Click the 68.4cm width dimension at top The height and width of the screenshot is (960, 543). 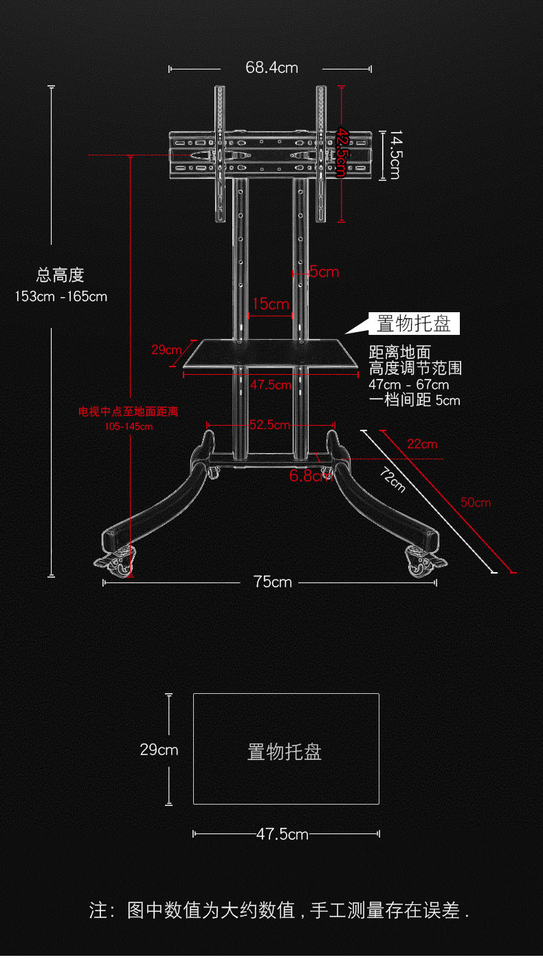pos(271,68)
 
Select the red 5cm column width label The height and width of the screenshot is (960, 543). pos(324,272)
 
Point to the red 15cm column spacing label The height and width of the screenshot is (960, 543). pos(270,304)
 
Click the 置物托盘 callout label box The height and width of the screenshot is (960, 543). pos(414,323)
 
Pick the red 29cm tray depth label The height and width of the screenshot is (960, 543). pos(166,350)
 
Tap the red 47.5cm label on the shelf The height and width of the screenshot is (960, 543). pos(271,384)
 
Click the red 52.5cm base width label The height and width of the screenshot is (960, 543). pos(269,425)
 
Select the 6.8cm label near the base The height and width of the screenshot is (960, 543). pos(311,475)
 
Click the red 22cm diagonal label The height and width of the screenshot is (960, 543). pos(421,444)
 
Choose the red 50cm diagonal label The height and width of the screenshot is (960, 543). pos(476,503)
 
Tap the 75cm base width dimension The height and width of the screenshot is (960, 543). pos(272,582)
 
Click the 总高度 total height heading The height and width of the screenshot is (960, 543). pos(60,276)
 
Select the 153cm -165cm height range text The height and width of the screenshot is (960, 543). pos(61,297)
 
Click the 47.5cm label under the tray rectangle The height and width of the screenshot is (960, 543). pos(282,834)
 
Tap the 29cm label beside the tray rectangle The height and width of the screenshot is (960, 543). pos(159,750)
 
